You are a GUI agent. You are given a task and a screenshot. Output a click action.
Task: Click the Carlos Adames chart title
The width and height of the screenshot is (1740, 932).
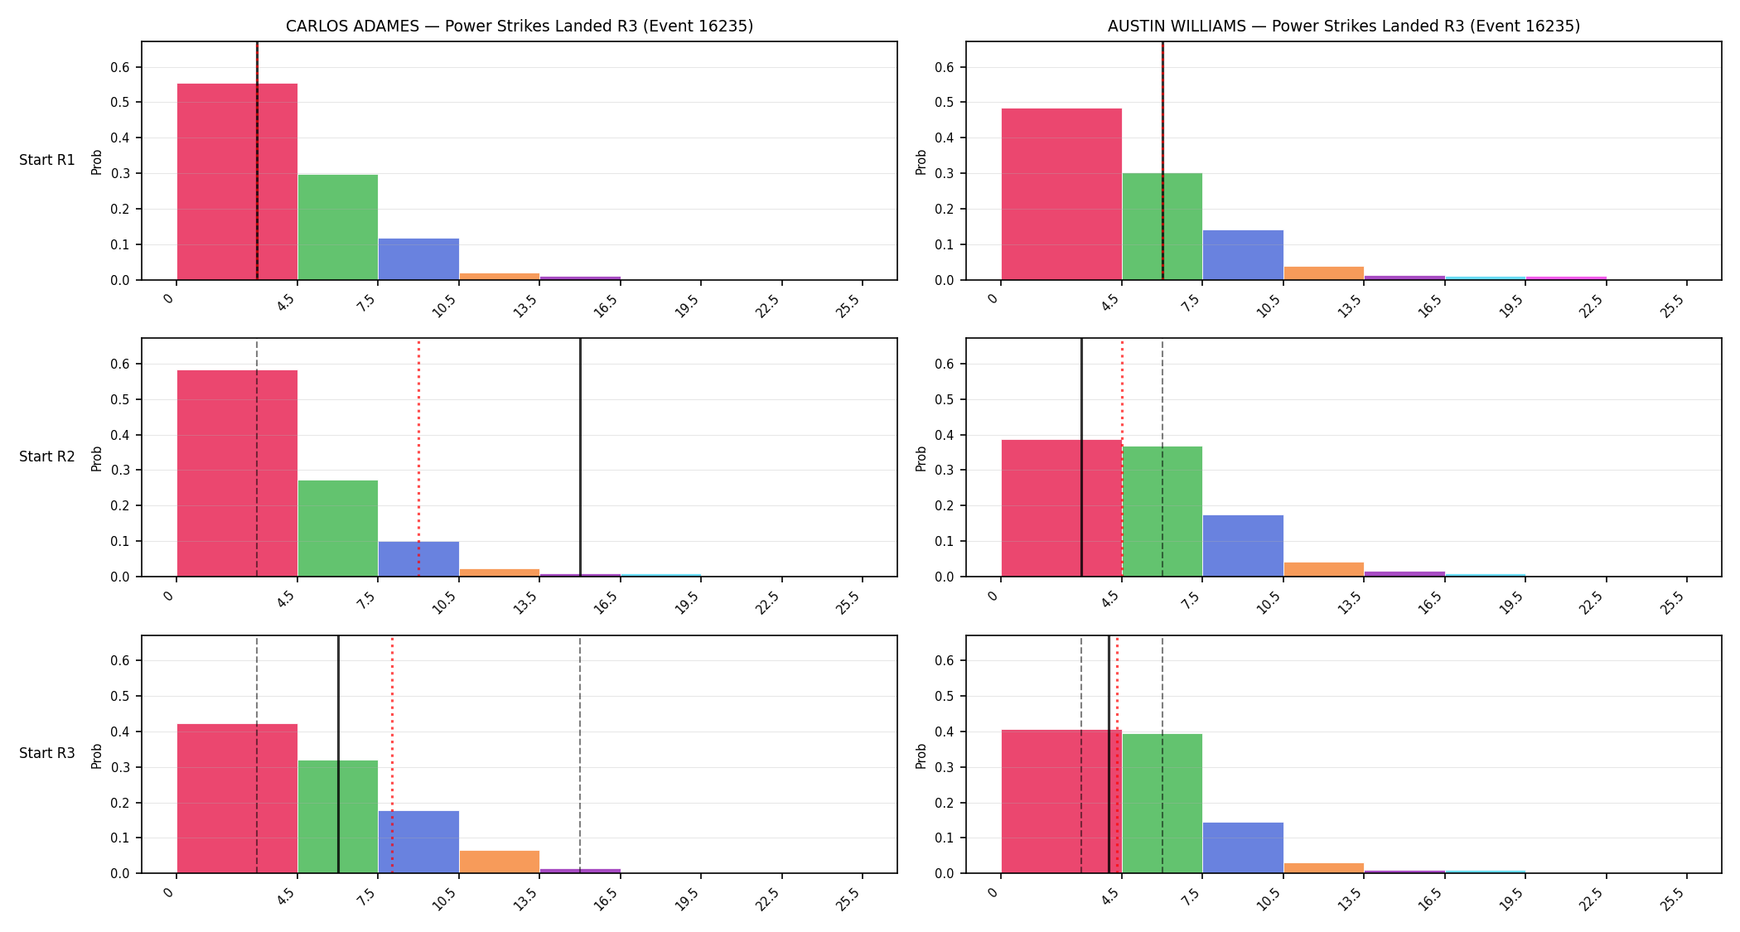coord(520,27)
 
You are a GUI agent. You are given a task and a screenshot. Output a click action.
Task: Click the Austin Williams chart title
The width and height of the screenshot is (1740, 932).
coord(1343,27)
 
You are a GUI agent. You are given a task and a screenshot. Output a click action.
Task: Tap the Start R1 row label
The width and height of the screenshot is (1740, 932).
coord(47,160)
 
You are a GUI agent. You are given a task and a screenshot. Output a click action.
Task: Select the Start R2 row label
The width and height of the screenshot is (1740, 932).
coord(47,456)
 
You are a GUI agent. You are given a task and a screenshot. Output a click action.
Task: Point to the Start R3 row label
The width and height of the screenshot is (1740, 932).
coord(47,753)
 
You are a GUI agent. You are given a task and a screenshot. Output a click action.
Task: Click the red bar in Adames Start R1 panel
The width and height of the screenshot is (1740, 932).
coord(237,181)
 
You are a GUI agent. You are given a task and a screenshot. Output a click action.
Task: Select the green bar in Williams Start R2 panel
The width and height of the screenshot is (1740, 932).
coord(1162,511)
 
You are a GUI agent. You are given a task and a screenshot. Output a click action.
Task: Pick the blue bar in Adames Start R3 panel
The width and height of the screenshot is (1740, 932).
coord(418,842)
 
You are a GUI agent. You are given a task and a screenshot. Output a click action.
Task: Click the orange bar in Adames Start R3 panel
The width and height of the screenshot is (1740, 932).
coord(500,862)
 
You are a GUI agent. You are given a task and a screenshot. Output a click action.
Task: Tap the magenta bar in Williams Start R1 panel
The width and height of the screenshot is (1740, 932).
coord(1566,278)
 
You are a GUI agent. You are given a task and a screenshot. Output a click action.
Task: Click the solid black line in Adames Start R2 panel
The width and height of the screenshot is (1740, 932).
coord(580,457)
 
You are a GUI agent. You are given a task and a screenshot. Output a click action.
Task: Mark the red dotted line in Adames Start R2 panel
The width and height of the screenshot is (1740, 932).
coord(418,457)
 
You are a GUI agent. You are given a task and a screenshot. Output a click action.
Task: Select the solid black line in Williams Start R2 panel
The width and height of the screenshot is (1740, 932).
coord(1081,457)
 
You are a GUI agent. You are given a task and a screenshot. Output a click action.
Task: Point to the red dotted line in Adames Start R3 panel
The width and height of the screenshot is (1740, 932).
coord(392,755)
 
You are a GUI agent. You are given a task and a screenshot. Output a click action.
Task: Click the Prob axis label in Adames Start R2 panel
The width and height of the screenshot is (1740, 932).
coord(97,458)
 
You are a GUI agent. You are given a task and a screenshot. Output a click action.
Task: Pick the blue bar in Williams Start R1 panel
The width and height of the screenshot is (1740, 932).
coord(1243,255)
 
